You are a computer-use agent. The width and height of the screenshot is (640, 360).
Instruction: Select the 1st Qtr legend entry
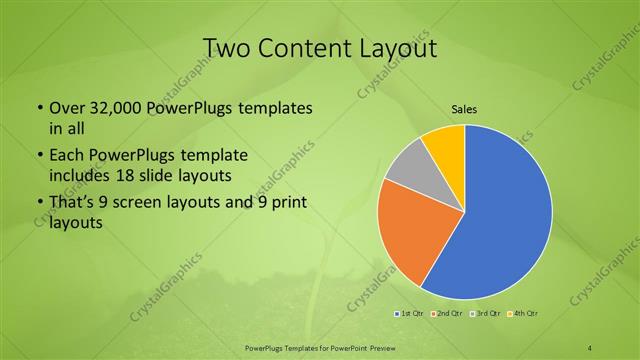pyautogui.click(x=411, y=314)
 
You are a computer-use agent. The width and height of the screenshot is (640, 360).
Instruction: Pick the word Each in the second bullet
pyautogui.click(x=65, y=157)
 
